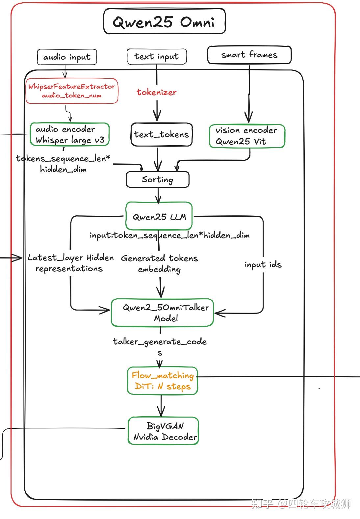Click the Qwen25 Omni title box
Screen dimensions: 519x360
click(x=164, y=22)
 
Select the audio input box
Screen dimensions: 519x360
click(x=67, y=57)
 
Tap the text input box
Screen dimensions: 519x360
click(x=157, y=57)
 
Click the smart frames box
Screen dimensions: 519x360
click(x=249, y=55)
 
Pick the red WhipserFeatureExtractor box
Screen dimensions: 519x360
click(x=72, y=91)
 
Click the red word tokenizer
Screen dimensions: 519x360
click(x=157, y=92)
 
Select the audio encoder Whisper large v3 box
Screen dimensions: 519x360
click(x=69, y=134)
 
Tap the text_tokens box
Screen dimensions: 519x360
click(x=161, y=134)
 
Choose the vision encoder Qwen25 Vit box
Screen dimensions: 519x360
click(x=247, y=136)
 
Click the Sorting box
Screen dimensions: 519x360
click(x=158, y=179)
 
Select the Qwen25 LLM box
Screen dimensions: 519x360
click(x=159, y=216)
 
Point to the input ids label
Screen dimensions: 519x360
click(x=263, y=264)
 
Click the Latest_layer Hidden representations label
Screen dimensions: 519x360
click(x=70, y=263)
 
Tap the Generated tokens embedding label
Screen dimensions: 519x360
click(x=160, y=263)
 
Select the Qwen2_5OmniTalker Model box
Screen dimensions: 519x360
click(x=162, y=313)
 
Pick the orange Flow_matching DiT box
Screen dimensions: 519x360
click(x=162, y=381)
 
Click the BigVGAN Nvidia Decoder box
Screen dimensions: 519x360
click(x=163, y=431)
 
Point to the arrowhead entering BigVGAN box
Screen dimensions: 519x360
click(x=161, y=414)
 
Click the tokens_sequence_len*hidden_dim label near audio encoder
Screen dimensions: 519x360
click(x=63, y=164)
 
